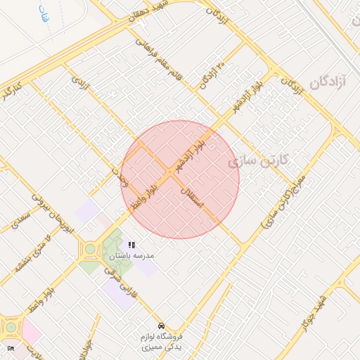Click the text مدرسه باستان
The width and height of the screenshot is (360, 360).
click(x=131, y=256)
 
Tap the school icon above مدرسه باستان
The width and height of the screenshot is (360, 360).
click(x=131, y=245)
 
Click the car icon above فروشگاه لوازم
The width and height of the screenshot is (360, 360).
click(x=162, y=326)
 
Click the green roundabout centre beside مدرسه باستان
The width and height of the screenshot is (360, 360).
click(x=90, y=249)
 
